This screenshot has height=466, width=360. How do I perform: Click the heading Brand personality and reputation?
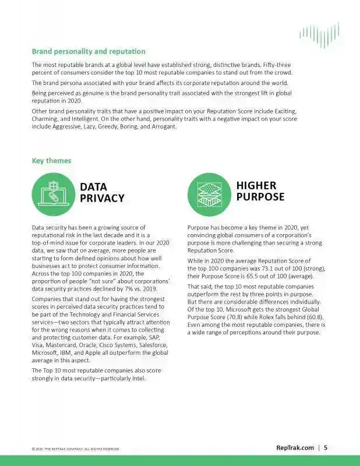click(x=89, y=52)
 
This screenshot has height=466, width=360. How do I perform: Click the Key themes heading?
click(x=51, y=160)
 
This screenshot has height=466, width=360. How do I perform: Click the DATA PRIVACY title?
click(x=102, y=192)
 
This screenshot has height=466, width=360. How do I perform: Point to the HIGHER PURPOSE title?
click(x=260, y=191)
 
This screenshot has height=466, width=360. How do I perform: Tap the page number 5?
click(x=326, y=447)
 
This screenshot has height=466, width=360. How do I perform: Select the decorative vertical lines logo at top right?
click(x=319, y=36)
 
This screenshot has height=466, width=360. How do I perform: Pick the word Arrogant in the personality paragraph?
click(x=158, y=127)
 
